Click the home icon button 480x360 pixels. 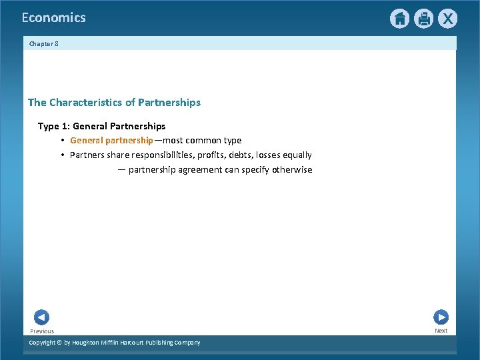tap(399, 19)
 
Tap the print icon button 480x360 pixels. tap(423, 19)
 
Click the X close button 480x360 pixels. tap(447, 19)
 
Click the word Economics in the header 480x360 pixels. tap(53, 18)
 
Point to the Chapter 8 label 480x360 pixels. tap(44, 44)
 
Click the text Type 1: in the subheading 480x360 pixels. tap(54, 126)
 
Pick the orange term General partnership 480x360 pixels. tap(111, 141)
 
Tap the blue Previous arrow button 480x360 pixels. tap(41, 317)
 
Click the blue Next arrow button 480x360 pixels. tap(441, 317)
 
